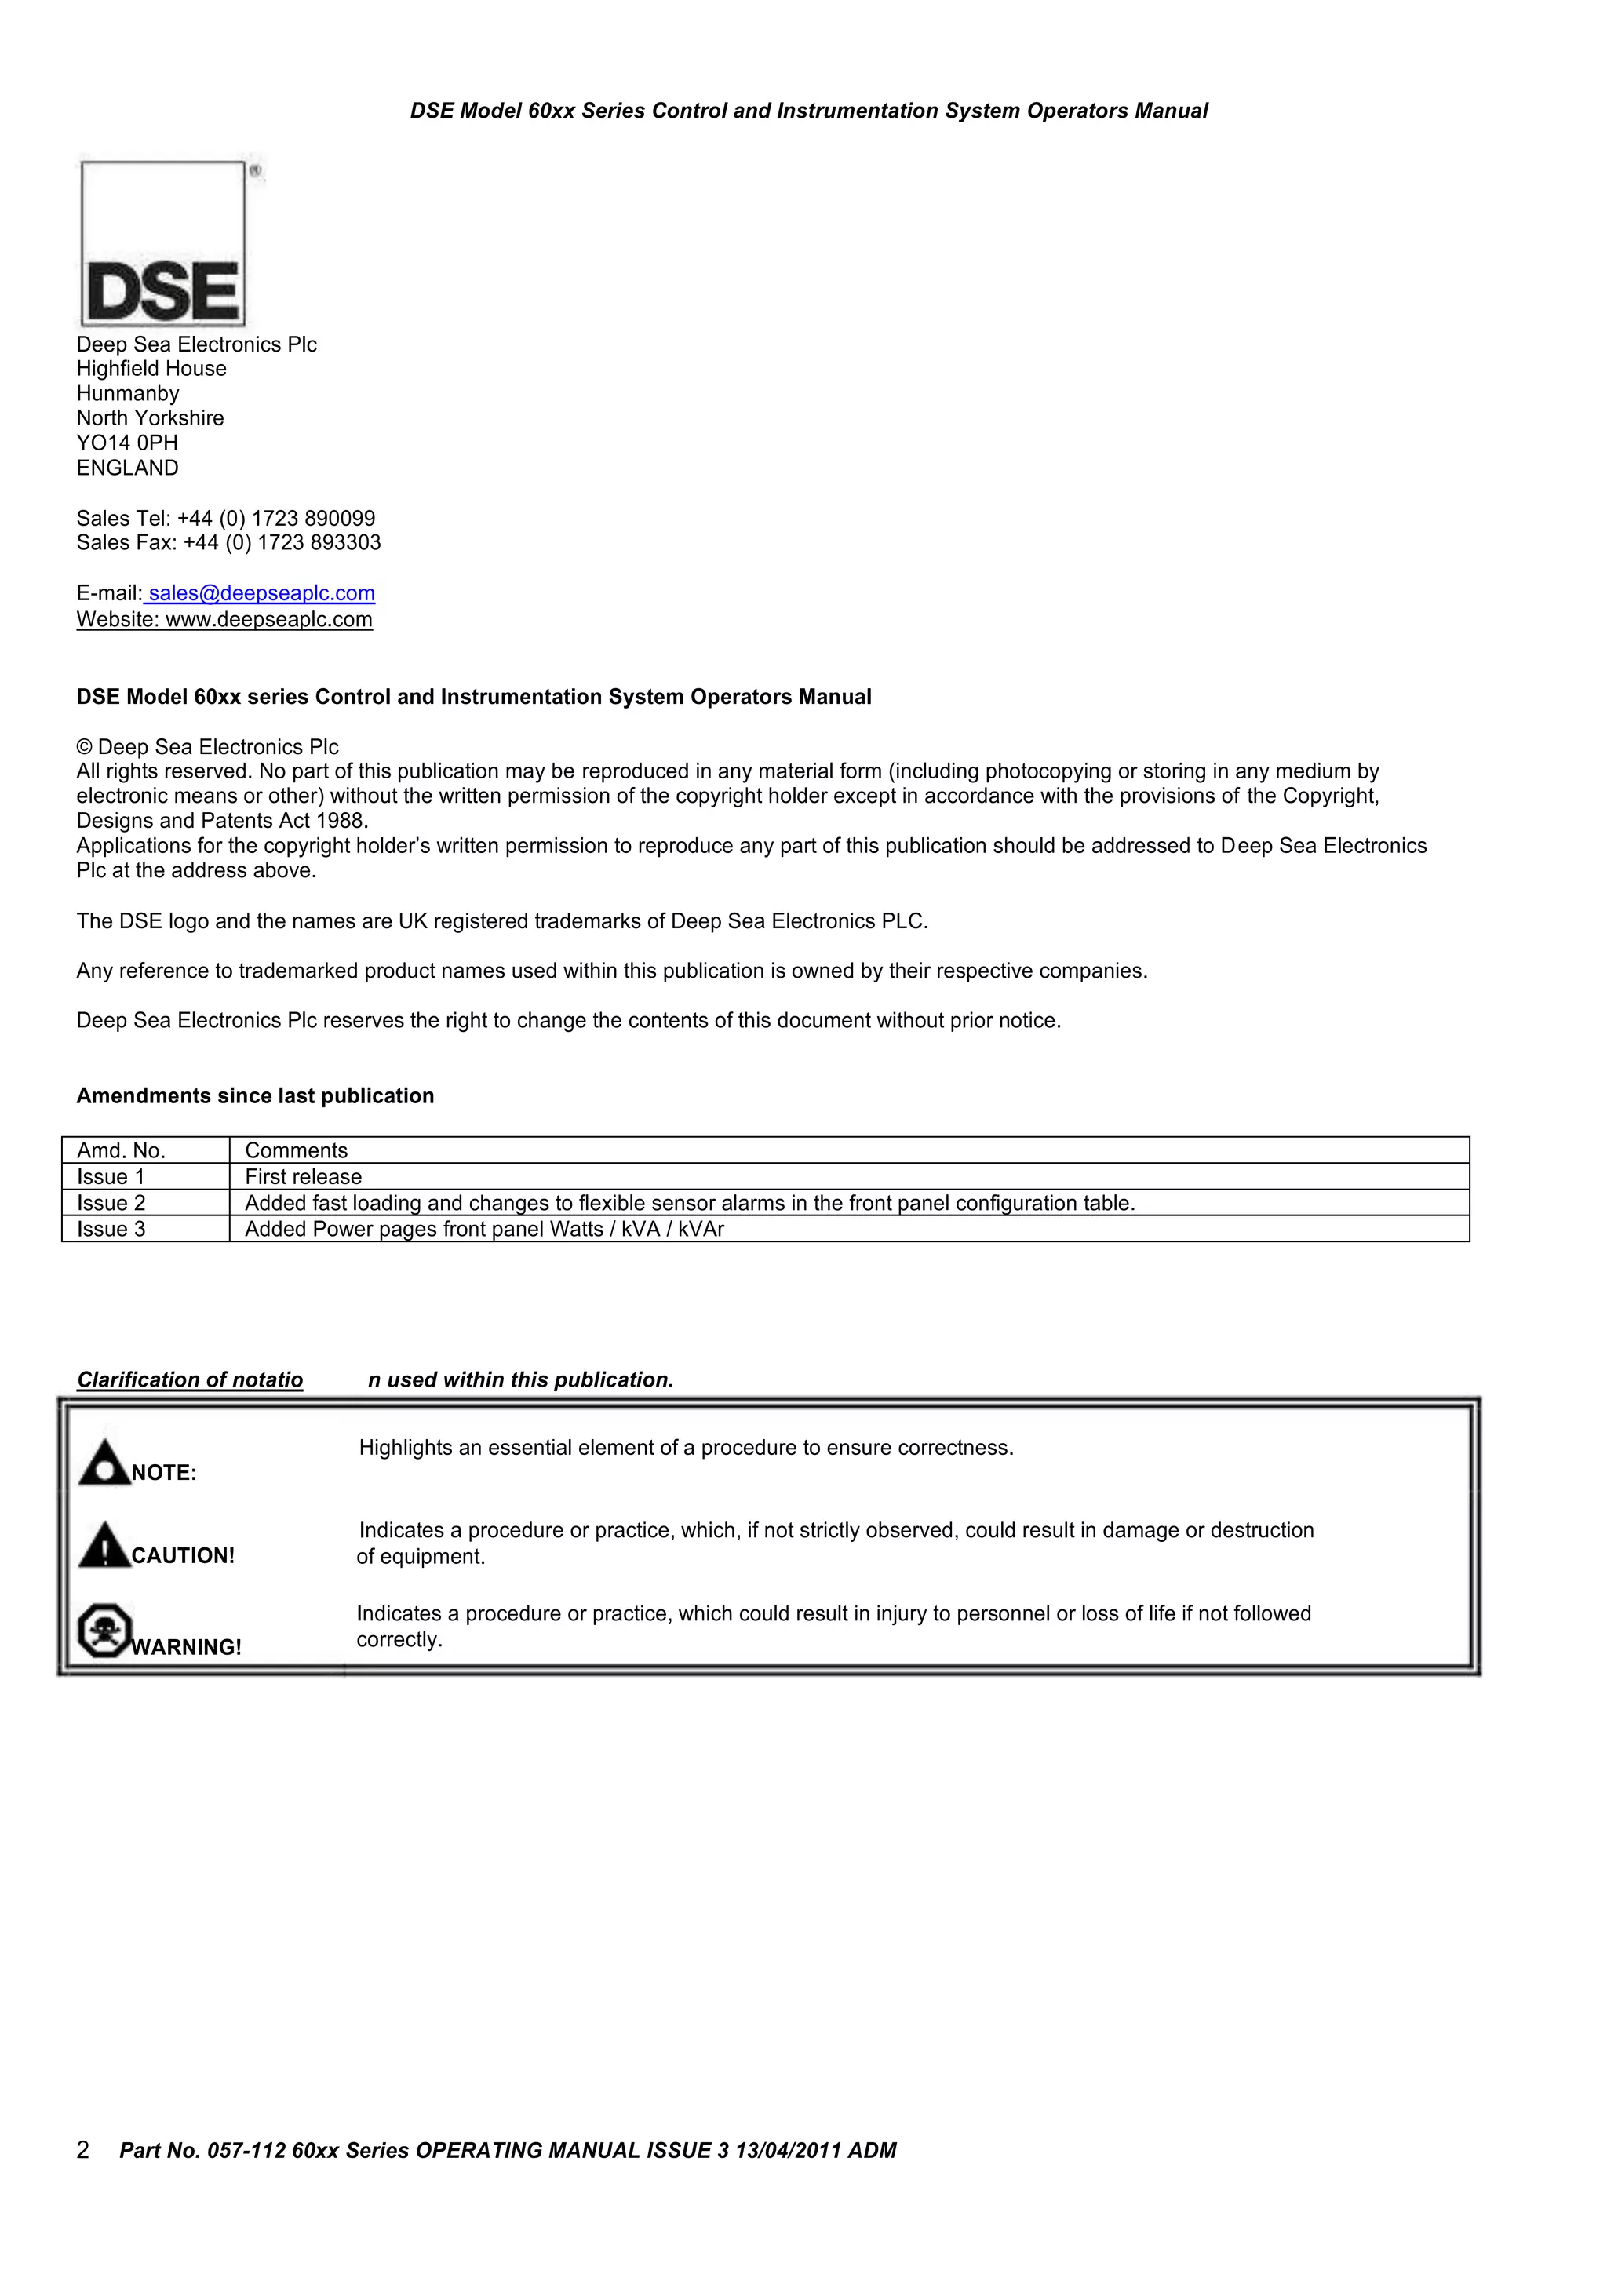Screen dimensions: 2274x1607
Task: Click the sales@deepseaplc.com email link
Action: tap(261, 593)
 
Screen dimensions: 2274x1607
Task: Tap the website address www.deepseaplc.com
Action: tap(268, 620)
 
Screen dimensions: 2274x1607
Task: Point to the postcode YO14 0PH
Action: tap(127, 443)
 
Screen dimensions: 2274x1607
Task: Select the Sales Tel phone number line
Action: tap(226, 518)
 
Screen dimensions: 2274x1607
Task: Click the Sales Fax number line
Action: tap(228, 543)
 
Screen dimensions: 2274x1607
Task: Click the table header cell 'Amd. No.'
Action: tap(121, 1150)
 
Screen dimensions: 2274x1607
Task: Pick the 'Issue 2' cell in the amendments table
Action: tap(111, 1202)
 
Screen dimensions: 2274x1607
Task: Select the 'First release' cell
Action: tap(303, 1176)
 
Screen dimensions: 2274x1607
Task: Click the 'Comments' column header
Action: tap(296, 1150)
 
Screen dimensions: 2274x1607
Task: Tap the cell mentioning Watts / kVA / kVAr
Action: tap(484, 1229)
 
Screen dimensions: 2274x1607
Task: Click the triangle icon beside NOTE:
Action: tap(103, 1463)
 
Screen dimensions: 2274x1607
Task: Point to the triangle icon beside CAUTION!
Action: tap(103, 1546)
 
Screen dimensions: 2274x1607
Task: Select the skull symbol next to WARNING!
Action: tap(104, 1629)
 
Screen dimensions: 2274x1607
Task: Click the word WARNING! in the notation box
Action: tap(186, 1647)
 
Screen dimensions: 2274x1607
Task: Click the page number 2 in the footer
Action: tap(83, 2149)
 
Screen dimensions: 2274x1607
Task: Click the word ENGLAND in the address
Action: tap(127, 468)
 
